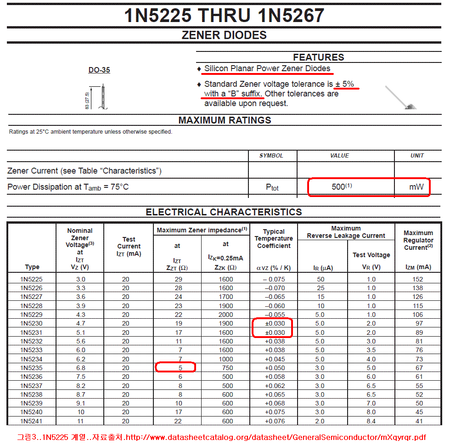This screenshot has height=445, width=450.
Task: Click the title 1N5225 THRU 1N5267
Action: tap(224, 16)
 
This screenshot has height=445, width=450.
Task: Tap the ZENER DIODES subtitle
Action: tap(224, 35)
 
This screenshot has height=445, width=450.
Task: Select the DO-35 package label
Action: tap(99, 70)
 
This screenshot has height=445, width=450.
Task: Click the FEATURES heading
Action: tap(318, 57)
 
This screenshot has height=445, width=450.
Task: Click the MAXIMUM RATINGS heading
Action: tap(225, 120)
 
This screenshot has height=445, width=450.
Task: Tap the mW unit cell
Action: tap(416, 187)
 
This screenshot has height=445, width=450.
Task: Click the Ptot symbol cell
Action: tap(272, 187)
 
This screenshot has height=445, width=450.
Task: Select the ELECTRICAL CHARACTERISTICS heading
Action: tap(224, 212)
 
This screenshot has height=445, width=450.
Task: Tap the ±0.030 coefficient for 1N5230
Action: tap(275, 323)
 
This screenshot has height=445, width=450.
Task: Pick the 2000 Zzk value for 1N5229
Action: tap(225, 315)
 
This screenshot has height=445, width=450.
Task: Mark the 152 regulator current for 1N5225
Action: tap(417, 279)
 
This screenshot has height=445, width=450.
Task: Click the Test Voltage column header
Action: tap(371, 255)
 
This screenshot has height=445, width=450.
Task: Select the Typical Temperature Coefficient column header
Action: tap(274, 238)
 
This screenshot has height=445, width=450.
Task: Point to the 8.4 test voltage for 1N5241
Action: tap(371, 421)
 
